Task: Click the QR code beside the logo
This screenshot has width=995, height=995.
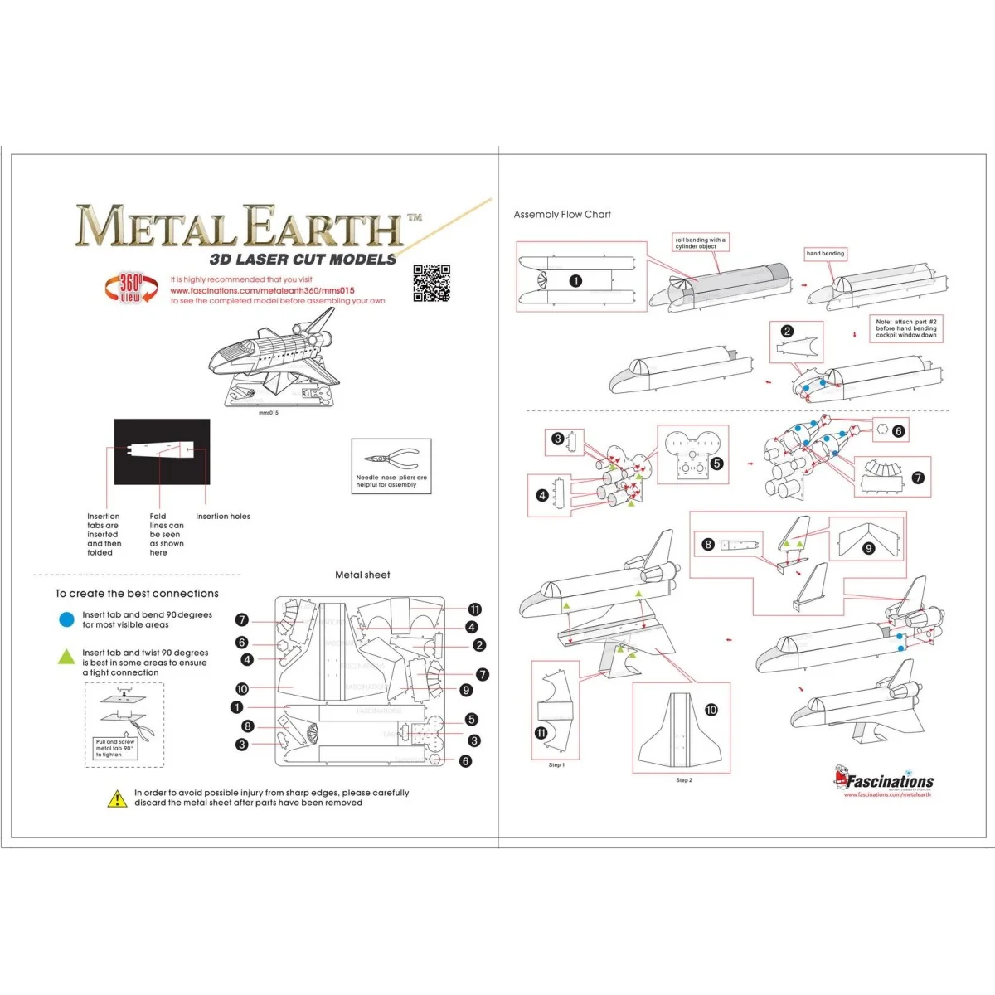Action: pyautogui.click(x=431, y=284)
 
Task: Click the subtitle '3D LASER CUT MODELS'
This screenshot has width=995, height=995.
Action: pyautogui.click(x=303, y=259)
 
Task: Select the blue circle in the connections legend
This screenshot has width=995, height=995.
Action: pyautogui.click(x=66, y=619)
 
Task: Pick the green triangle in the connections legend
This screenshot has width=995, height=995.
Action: pyautogui.click(x=66, y=657)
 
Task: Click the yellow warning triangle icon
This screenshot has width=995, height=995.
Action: pyautogui.click(x=117, y=798)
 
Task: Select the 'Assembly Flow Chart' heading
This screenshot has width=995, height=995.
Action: pyautogui.click(x=562, y=215)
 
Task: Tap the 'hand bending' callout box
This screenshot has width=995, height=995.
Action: pyautogui.click(x=825, y=254)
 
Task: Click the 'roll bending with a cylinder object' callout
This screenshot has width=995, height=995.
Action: pyautogui.click(x=700, y=243)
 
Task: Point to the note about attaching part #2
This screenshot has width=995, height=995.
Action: pyautogui.click(x=905, y=328)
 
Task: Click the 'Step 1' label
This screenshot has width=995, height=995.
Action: pyautogui.click(x=556, y=765)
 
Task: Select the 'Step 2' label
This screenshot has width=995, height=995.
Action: pyautogui.click(x=684, y=780)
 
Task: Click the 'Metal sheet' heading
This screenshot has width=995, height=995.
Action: pyautogui.click(x=362, y=575)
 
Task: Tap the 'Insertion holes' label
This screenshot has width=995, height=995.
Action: pyautogui.click(x=222, y=517)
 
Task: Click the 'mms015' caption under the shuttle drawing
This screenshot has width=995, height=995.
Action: pyautogui.click(x=269, y=413)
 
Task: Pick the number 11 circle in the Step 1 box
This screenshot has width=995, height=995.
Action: pyautogui.click(x=541, y=733)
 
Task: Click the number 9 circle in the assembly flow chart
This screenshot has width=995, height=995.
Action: pyautogui.click(x=869, y=548)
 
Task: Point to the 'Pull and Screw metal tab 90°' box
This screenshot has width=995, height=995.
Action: pyautogui.click(x=115, y=748)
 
